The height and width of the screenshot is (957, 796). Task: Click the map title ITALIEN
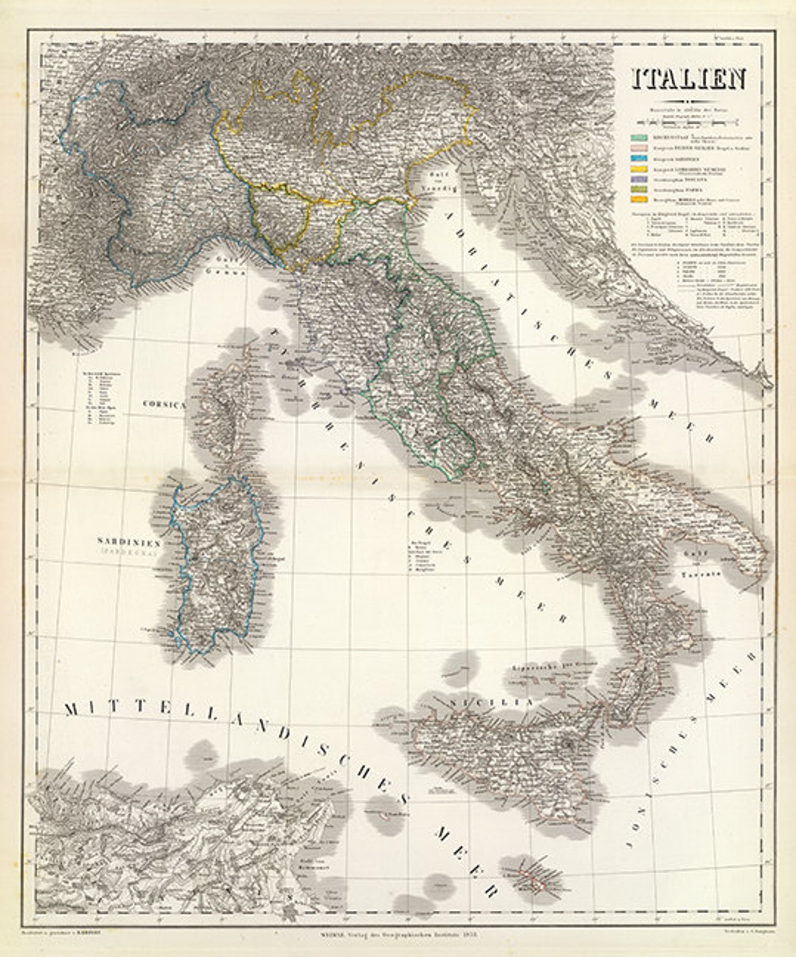[688, 79]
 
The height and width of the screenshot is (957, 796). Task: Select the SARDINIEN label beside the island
[129, 542]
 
